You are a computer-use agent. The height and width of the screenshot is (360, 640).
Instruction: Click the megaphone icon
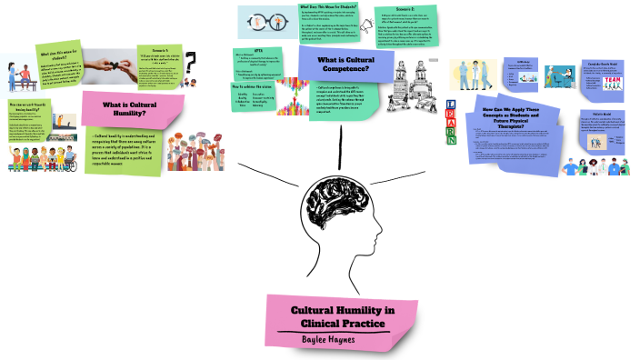374,23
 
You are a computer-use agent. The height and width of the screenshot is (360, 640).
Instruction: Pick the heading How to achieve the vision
256,85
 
